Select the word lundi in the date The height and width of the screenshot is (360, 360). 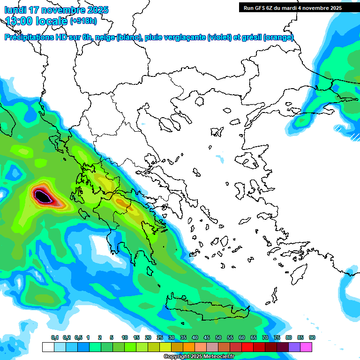15,10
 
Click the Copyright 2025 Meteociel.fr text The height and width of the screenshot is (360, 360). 198,357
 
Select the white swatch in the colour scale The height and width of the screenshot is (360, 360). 48,347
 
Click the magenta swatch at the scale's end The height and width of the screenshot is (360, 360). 306,347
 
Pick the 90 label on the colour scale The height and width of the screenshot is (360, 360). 312,337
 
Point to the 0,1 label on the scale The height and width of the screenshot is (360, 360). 54,337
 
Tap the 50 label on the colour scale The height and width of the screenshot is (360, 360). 218,337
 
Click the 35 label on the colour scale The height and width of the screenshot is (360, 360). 183,337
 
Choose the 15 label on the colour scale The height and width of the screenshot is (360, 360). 136,337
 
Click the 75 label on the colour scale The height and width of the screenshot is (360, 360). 277,337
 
